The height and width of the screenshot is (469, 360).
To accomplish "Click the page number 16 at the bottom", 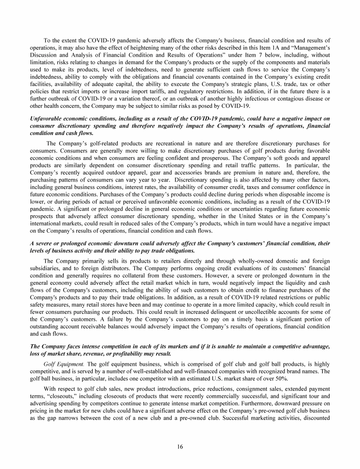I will pos(180,446).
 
